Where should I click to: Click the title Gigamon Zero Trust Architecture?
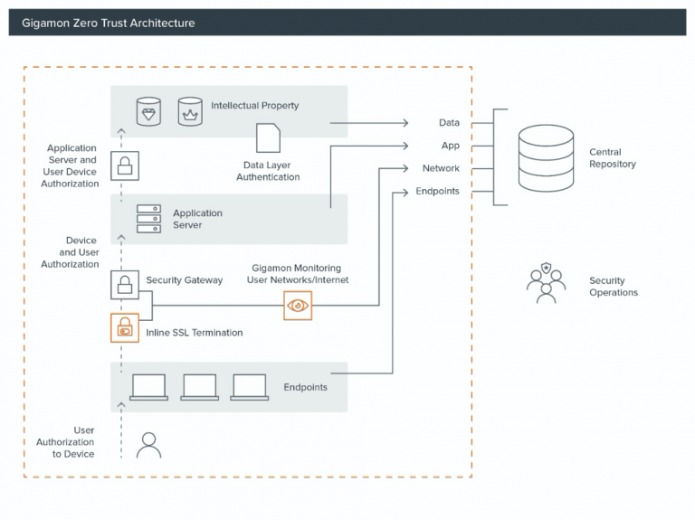point(107,23)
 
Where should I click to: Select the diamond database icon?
point(149,112)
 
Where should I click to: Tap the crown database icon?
point(190,112)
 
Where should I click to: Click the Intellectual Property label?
point(254,106)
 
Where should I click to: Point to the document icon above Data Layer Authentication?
point(268,138)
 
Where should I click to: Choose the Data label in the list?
point(449,123)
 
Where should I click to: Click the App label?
point(450,146)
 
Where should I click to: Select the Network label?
point(441,168)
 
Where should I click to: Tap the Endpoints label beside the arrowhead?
point(437,192)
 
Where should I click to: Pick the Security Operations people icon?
point(546,282)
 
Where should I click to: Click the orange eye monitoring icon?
point(298,306)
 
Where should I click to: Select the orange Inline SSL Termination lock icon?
point(124,327)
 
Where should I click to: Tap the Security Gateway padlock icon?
point(124,285)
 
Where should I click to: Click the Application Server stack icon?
point(148,219)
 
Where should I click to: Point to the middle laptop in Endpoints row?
point(199,387)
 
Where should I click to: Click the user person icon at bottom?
point(148,444)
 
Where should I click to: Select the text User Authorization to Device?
point(65,442)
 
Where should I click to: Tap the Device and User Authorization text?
point(70,252)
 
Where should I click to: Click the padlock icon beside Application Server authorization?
point(124,165)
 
